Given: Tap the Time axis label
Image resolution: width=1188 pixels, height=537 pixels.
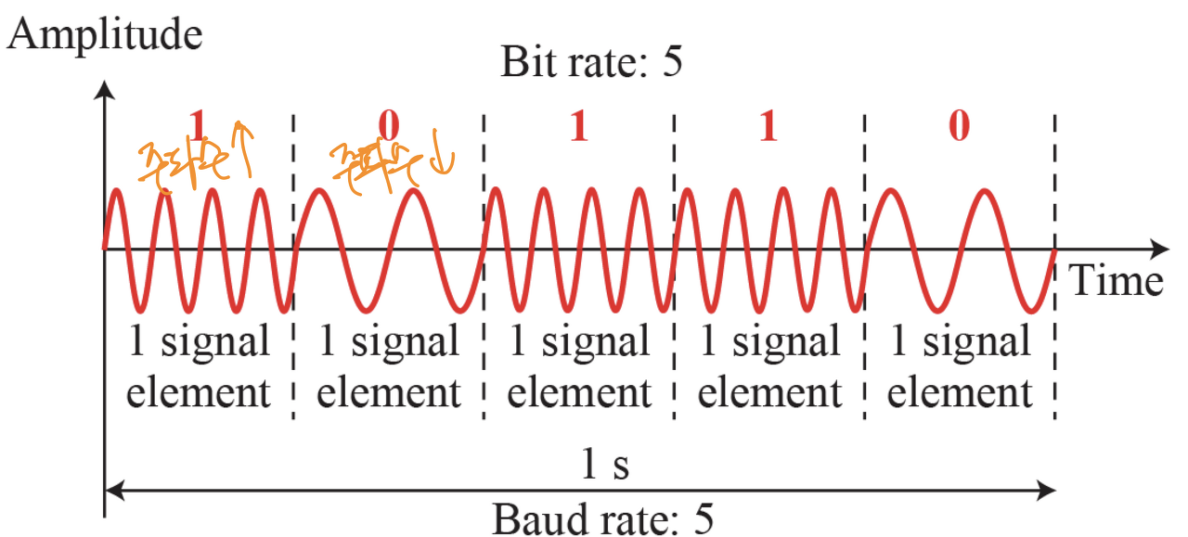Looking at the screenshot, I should coord(1117,278).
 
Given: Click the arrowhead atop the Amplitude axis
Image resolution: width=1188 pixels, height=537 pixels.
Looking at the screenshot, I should coord(105,90).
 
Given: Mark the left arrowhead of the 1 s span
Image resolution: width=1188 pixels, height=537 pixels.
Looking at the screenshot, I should coord(112,488).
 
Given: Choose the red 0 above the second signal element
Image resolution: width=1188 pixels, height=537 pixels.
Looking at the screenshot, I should coord(389,125).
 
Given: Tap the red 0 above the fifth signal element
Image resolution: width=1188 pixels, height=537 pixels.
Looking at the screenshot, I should coord(959,125).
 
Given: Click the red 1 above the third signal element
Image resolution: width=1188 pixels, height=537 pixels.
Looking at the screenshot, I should coord(578,125).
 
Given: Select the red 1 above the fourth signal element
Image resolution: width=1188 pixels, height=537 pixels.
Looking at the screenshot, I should coord(768,125).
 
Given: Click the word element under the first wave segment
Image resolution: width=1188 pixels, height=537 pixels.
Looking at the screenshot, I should coord(198,392).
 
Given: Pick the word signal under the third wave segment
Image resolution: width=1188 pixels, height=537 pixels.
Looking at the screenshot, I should coord(595,343).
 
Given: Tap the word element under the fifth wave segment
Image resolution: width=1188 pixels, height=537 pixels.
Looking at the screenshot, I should coord(960,392).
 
